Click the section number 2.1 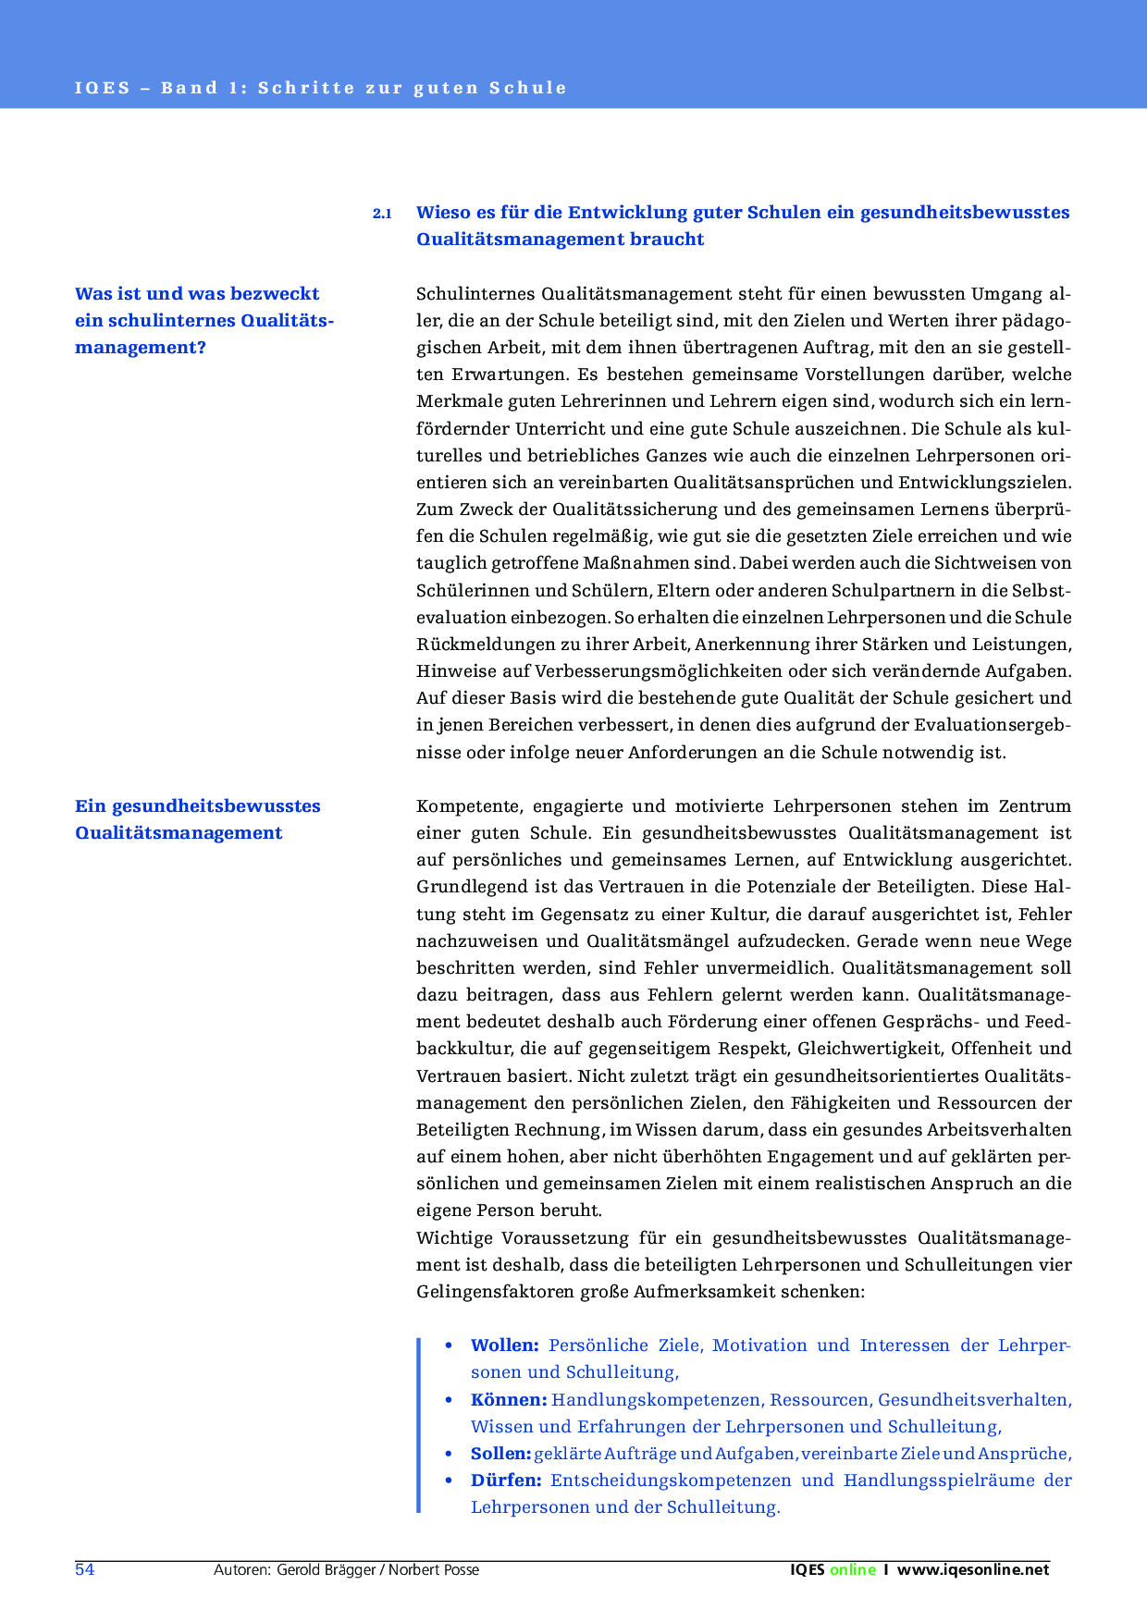tap(382, 214)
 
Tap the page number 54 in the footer tap(84, 1569)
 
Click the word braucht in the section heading tap(667, 240)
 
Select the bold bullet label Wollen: tap(504, 1346)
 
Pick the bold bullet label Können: tap(508, 1400)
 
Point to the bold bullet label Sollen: tap(500, 1454)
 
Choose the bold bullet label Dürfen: tap(505, 1481)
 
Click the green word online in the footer tap(853, 1570)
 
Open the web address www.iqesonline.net tap(973, 1570)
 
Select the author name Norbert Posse tap(434, 1570)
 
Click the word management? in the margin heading tap(140, 348)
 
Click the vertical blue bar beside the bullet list tap(419, 1425)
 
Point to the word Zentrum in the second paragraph tap(1035, 806)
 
